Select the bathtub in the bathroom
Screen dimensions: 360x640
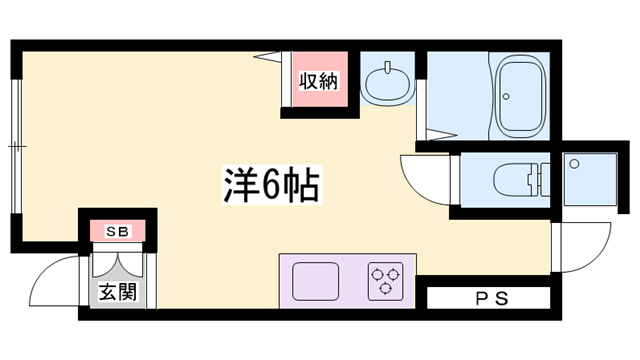(519, 97)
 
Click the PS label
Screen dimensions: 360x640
(489, 298)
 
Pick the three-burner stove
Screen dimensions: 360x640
(384, 279)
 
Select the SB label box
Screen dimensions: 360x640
(118, 232)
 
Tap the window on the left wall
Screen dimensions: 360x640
(17, 145)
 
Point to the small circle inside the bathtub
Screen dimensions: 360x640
(507, 97)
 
